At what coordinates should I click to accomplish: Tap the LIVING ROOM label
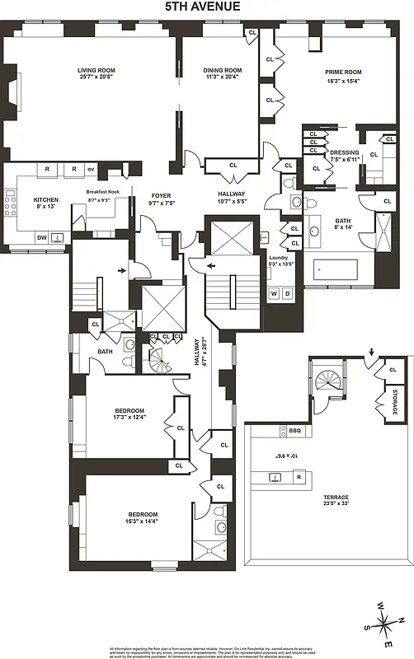(96, 71)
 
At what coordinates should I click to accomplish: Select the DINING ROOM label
(222, 71)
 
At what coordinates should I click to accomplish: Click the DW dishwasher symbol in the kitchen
(41, 237)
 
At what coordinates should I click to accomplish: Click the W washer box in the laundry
(274, 293)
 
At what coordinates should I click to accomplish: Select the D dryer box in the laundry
(287, 293)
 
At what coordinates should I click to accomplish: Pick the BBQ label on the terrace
(294, 430)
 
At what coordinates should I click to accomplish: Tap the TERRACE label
(336, 498)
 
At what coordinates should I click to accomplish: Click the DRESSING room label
(343, 152)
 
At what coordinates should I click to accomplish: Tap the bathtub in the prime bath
(336, 271)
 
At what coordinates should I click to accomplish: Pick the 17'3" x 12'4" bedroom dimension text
(129, 418)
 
